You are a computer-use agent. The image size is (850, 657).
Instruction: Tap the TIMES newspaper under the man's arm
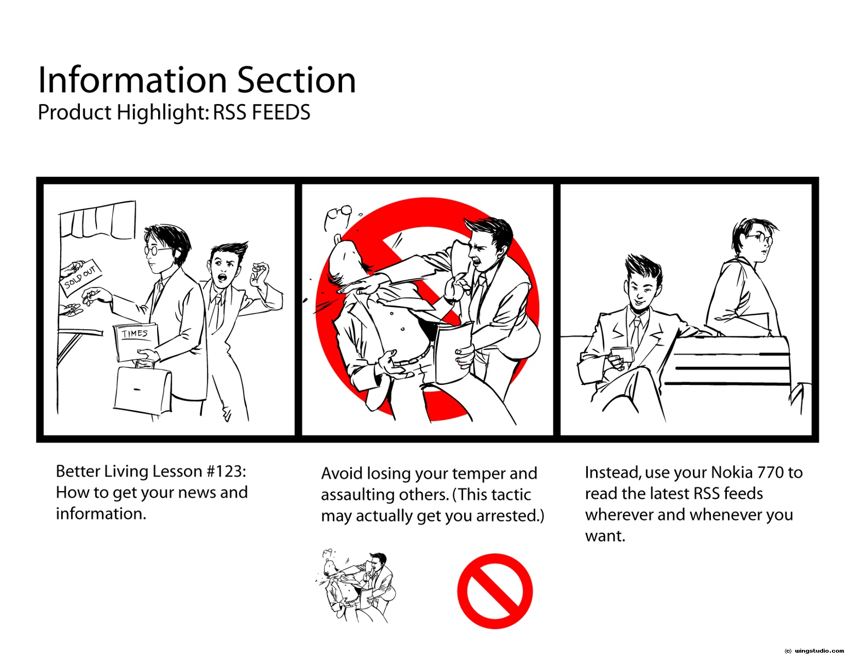(135, 341)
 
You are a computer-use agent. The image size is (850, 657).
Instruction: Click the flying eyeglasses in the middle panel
(337, 216)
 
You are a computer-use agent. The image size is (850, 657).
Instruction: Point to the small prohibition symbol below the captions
(495, 591)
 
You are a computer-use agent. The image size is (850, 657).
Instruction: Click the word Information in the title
(132, 80)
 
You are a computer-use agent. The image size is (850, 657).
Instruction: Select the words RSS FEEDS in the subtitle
(261, 112)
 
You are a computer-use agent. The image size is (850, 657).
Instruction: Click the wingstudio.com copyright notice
(814, 651)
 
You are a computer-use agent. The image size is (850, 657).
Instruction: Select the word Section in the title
(297, 80)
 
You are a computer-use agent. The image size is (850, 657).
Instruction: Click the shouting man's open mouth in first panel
(222, 278)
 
